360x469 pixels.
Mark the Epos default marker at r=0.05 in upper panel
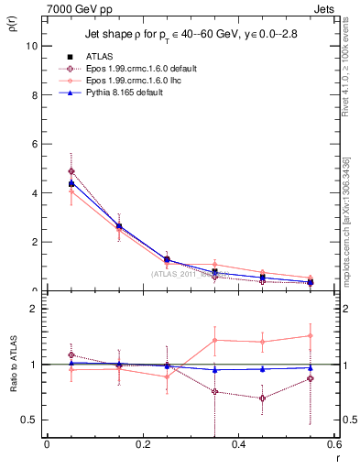pyautogui.click(x=71, y=171)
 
